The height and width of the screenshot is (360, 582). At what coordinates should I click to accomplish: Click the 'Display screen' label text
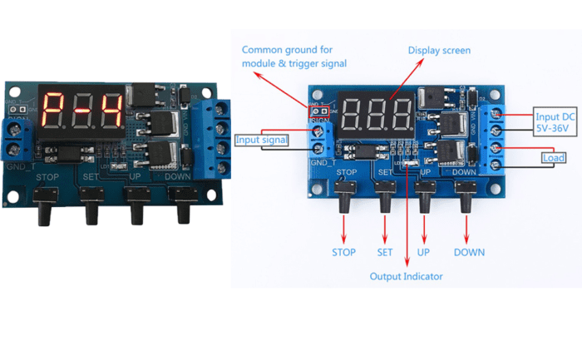[439, 51]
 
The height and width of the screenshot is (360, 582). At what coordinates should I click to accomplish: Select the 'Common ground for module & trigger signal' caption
[293, 57]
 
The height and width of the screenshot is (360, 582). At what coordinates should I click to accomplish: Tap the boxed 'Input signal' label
[263, 141]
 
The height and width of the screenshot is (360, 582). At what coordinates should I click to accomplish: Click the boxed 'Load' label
[554, 158]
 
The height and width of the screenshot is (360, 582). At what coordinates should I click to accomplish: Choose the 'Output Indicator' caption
[407, 276]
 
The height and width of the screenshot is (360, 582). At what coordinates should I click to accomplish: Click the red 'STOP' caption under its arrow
[343, 252]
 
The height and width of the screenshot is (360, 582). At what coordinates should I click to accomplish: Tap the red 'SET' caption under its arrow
[384, 252]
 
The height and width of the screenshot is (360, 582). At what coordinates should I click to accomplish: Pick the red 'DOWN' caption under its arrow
[469, 252]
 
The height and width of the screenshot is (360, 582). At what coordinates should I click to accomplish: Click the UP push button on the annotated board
[426, 195]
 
